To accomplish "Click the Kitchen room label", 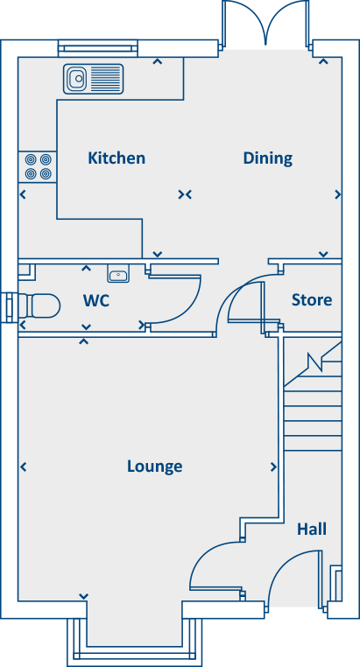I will pos(116,158).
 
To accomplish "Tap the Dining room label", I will pos(267,158).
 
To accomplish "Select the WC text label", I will pos(96,300).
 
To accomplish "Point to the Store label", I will pos(311,300).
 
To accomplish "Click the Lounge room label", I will pos(154,466).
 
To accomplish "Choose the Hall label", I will pos(311,529).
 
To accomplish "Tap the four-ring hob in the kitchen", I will pos(38,165).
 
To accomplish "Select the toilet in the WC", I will pos(39,305).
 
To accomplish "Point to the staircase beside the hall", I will pos(312,394).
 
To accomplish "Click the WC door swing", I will pos(180,298).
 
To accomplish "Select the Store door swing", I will pos(245,302).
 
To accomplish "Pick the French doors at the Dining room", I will pos(266,25).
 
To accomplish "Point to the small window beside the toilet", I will pos(9,305).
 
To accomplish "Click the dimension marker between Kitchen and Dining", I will pos(184,194).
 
